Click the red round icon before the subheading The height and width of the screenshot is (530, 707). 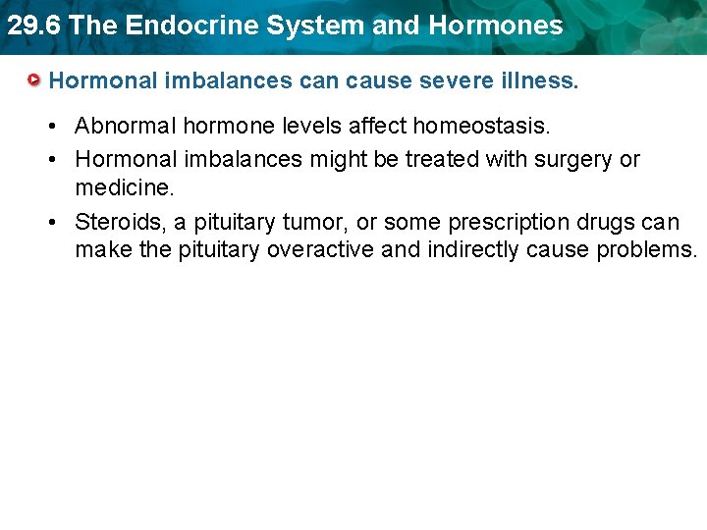34,79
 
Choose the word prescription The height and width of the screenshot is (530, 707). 505,222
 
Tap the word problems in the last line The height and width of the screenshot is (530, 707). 645,249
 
